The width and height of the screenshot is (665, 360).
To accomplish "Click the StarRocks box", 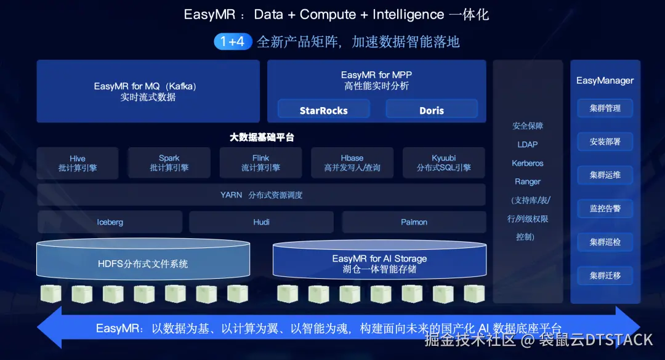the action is click(x=323, y=110).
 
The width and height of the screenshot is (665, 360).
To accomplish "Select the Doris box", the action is click(x=432, y=110).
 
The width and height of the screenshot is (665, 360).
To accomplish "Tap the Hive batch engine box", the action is click(x=78, y=163).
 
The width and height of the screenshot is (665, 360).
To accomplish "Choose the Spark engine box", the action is click(x=169, y=163).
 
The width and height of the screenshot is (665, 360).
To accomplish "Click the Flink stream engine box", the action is click(x=260, y=163).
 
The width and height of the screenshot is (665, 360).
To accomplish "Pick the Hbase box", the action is click(x=352, y=163).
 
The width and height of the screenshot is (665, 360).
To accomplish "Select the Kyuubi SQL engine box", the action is click(x=444, y=163).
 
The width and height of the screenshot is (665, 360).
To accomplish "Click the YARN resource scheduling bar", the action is click(x=261, y=195).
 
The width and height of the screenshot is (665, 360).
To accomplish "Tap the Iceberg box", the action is click(x=110, y=222).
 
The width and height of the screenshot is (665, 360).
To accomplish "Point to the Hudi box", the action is click(x=261, y=222).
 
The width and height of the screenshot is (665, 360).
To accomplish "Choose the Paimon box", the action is click(x=414, y=222).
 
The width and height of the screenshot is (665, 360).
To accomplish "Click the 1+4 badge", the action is click(x=233, y=42).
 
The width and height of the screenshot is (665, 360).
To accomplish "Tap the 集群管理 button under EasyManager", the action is click(x=605, y=108).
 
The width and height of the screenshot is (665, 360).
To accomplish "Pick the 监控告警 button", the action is click(x=605, y=209).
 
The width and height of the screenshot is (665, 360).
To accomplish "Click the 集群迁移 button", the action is click(x=605, y=276).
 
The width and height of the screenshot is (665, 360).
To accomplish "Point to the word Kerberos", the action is click(x=528, y=163).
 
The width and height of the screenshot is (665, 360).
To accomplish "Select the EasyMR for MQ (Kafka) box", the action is click(x=148, y=91).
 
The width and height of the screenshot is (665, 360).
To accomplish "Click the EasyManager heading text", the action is click(x=605, y=81).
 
